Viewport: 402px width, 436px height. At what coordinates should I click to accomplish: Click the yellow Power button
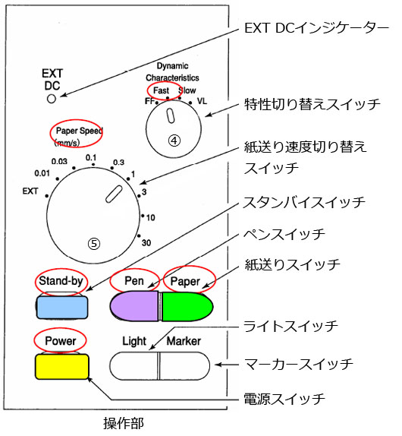[x=62, y=366]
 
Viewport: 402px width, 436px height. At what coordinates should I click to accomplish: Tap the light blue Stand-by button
[x=62, y=308]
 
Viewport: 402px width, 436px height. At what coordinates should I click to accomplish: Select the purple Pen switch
[x=134, y=306]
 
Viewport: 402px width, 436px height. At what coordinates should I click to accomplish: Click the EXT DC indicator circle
[x=52, y=99]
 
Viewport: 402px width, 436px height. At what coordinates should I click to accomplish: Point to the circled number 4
[x=174, y=141]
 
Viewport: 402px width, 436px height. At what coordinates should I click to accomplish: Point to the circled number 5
[x=94, y=244]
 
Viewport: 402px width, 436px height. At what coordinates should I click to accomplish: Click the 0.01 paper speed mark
[x=42, y=173]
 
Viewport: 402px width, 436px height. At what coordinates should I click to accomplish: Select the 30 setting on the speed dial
[x=146, y=243]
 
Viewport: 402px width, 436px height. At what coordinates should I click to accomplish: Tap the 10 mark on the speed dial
[x=150, y=217]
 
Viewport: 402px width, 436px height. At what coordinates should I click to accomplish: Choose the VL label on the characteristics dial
[x=202, y=101]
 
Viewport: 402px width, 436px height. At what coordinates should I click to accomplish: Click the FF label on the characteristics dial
[x=149, y=101]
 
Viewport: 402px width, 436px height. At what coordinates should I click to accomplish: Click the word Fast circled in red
[x=161, y=90]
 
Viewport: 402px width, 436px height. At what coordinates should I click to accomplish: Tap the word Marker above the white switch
[x=184, y=341]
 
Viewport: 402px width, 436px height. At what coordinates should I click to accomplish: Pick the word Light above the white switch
[x=134, y=342]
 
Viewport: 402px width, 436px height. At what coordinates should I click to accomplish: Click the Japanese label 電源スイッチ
[x=284, y=399]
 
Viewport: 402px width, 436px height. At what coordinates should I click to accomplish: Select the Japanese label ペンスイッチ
[x=284, y=234]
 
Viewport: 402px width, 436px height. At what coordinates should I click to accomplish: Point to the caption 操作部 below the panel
[x=124, y=423]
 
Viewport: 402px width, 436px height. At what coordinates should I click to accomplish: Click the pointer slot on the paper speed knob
[x=114, y=194]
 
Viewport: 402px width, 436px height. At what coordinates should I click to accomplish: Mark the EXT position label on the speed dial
[x=30, y=191]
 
